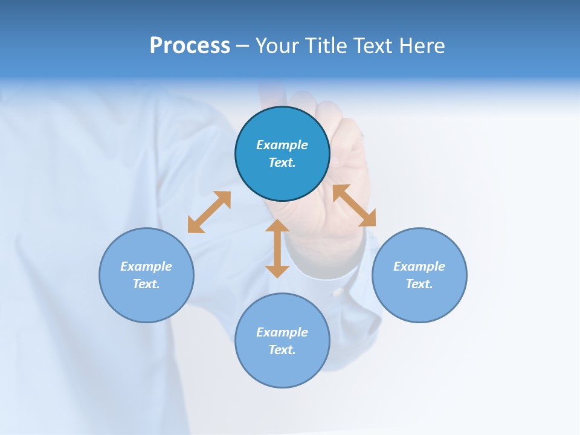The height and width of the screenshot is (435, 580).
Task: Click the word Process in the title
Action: [190, 46]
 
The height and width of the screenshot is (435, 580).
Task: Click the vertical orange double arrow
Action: [277, 249]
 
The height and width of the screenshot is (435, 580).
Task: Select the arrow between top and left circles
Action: [209, 212]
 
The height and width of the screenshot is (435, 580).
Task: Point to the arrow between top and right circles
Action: [355, 205]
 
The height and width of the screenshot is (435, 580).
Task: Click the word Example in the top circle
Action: [282, 145]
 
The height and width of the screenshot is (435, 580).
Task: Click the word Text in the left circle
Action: [146, 284]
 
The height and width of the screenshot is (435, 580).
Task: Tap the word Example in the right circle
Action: [419, 266]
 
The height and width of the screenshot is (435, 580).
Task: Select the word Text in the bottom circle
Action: [282, 350]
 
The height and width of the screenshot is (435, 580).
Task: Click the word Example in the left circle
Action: [146, 266]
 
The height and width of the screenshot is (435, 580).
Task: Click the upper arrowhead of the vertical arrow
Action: [277, 227]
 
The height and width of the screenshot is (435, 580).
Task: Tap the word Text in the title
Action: [375, 46]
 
